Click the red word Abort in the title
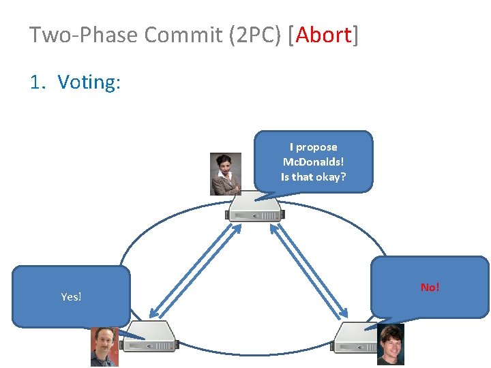[x=324, y=35]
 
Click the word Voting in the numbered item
[x=89, y=82]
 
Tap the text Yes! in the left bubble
[x=71, y=296]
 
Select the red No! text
[x=430, y=287]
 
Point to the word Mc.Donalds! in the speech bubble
[x=314, y=162]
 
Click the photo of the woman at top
[x=225, y=174]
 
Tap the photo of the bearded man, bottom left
[x=104, y=347]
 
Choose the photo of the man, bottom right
[x=390, y=344]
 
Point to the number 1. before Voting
[x=38, y=82]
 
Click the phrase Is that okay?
[x=314, y=177]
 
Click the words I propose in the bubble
[x=314, y=147]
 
